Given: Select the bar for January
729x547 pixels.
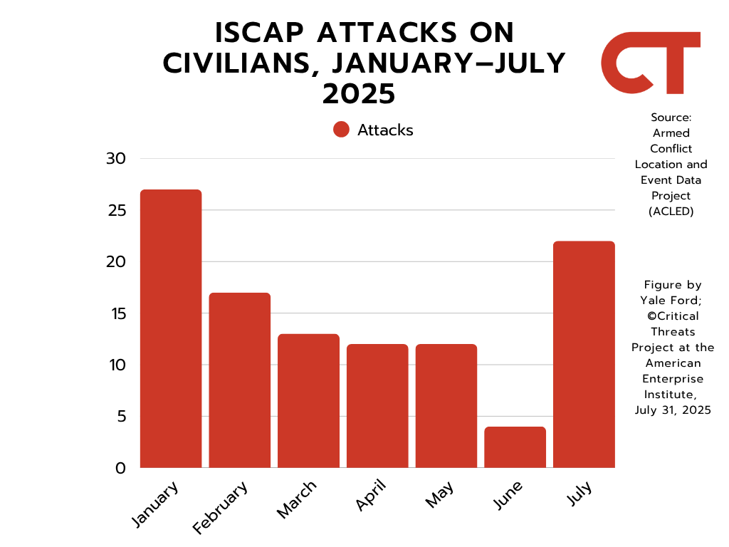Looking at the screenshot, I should click(x=171, y=328).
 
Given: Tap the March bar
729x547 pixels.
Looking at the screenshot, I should click(x=308, y=400).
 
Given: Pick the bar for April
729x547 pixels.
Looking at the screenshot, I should click(x=377, y=405).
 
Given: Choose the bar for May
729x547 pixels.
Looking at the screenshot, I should click(x=446, y=405).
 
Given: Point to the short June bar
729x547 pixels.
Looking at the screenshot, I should click(x=515, y=447).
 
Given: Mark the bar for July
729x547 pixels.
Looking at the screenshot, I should click(x=584, y=354).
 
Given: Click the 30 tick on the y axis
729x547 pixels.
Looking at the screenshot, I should click(x=115, y=159).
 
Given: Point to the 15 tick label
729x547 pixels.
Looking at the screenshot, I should click(x=116, y=313).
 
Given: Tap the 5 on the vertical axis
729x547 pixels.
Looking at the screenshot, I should click(x=121, y=417).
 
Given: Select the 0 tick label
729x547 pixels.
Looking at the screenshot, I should click(x=120, y=469).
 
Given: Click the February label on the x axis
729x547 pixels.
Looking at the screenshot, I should click(x=221, y=507).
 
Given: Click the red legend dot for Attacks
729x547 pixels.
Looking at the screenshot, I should click(x=341, y=130).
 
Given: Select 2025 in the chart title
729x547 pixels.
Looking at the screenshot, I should click(x=358, y=94).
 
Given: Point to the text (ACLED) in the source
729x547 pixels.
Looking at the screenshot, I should click(x=671, y=211).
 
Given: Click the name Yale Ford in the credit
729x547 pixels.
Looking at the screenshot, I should click(x=671, y=300).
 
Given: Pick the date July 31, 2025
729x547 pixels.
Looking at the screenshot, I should click(x=672, y=410).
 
